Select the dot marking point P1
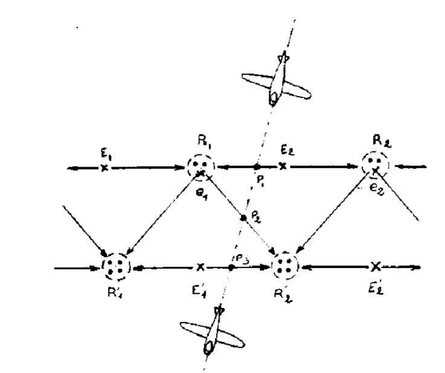coord(257,166)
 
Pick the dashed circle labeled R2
coord(376,163)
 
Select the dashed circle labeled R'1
coord(116,266)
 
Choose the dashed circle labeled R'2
coord(284,266)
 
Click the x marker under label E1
coord(103,167)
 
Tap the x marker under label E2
coord(283,166)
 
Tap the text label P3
coord(240,258)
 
